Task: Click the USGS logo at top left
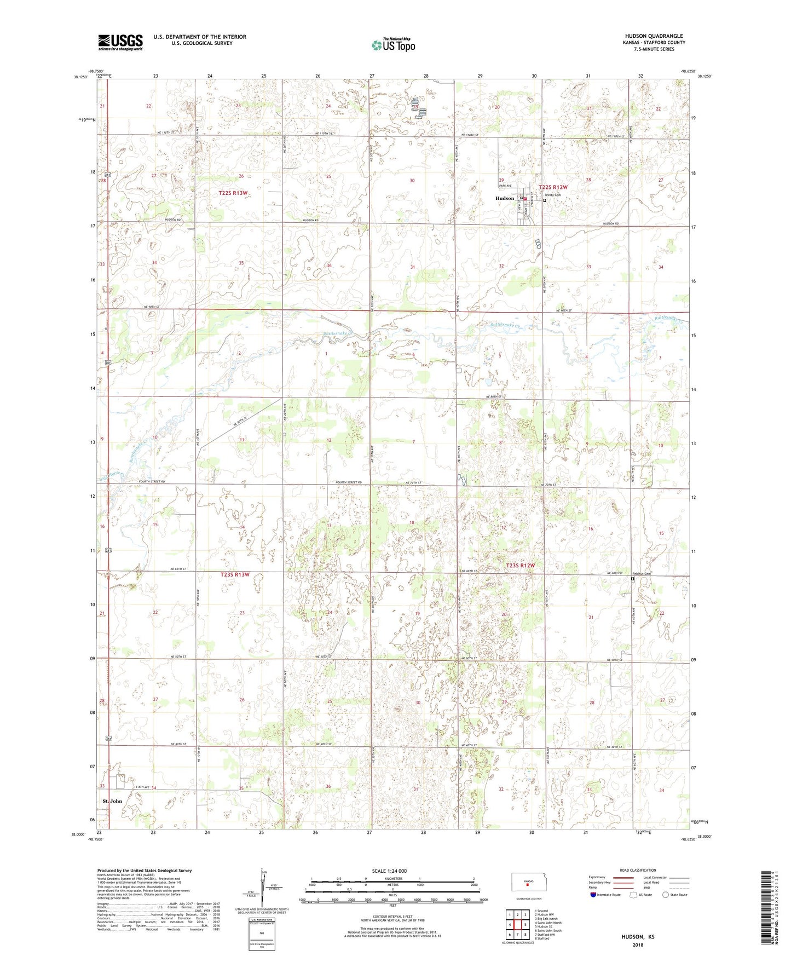120,42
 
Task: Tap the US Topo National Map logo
392,44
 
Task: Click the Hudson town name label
505,198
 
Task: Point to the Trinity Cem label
552,195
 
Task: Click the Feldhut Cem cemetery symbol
632,578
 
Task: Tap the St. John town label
112,800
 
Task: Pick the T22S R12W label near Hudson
553,187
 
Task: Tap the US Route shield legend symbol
633,895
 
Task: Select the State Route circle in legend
665,895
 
